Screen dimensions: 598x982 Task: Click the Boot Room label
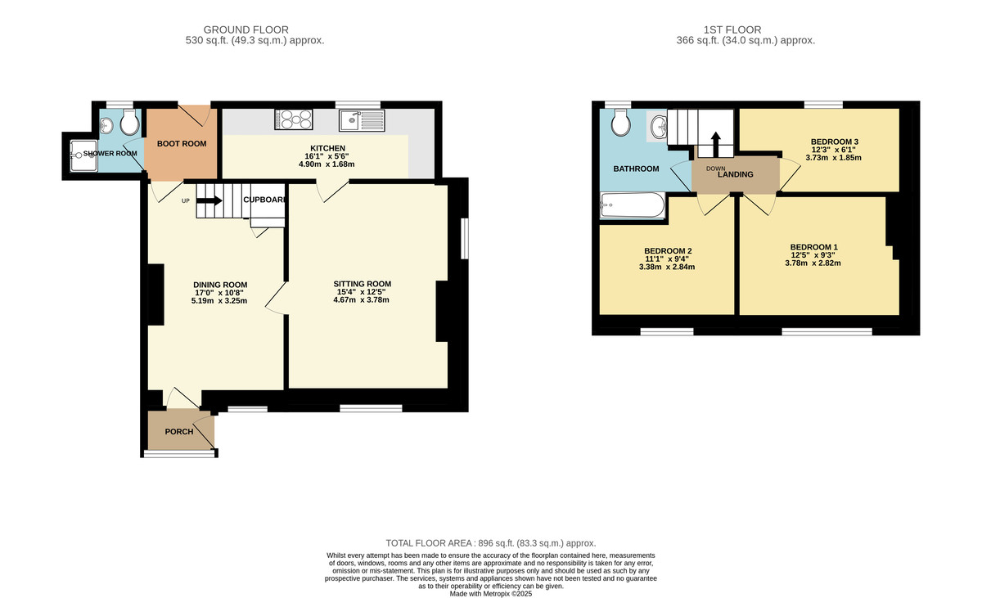182,144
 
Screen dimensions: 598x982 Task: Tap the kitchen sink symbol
360,121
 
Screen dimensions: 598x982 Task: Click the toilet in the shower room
128,124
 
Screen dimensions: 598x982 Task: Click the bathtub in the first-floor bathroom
634,205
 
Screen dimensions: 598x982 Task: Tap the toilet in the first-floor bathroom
621,124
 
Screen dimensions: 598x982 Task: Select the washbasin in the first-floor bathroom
659,127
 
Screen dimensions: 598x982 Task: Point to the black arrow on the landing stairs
714,145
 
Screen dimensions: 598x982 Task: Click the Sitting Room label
362,284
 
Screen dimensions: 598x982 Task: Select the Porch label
179,431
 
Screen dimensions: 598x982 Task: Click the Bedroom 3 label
834,142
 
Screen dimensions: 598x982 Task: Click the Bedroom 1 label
813,247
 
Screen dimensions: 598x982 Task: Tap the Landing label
735,174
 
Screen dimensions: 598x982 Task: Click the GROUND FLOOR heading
245,29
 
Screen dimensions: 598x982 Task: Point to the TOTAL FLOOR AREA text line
491,543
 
